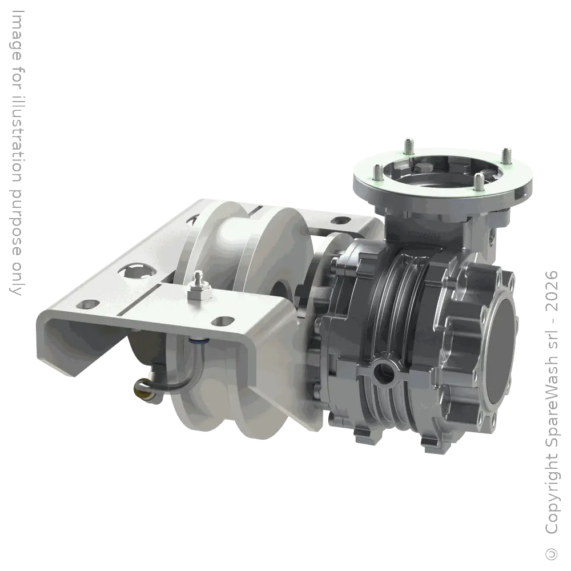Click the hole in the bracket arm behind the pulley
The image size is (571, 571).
pyautogui.click(x=340, y=219)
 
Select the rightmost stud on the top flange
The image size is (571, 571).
pyautogui.click(x=506, y=155)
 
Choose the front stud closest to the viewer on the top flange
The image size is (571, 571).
pyautogui.click(x=478, y=182)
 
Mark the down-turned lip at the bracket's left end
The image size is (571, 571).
pyautogui.click(x=57, y=348)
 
